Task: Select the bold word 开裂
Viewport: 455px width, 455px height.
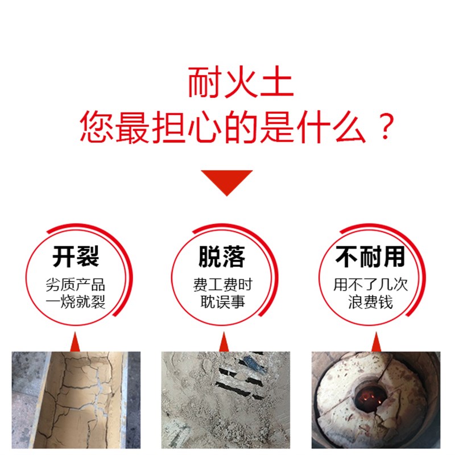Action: (x=76, y=257)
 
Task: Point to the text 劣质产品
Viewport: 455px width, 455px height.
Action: (x=76, y=285)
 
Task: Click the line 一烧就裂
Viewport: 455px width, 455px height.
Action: (x=76, y=301)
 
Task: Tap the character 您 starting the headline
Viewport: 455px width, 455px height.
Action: (x=97, y=126)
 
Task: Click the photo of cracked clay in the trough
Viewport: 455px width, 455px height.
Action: (x=76, y=398)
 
